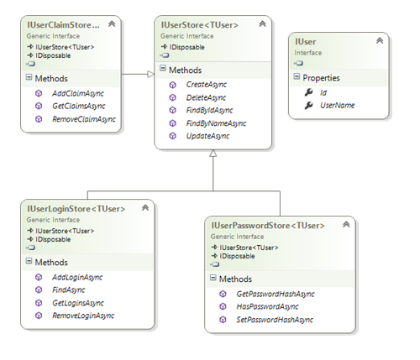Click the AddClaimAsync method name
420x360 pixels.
point(73,93)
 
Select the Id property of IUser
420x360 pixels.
point(323,91)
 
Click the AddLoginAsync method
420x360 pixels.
point(75,276)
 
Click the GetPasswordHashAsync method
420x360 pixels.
point(275,294)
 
